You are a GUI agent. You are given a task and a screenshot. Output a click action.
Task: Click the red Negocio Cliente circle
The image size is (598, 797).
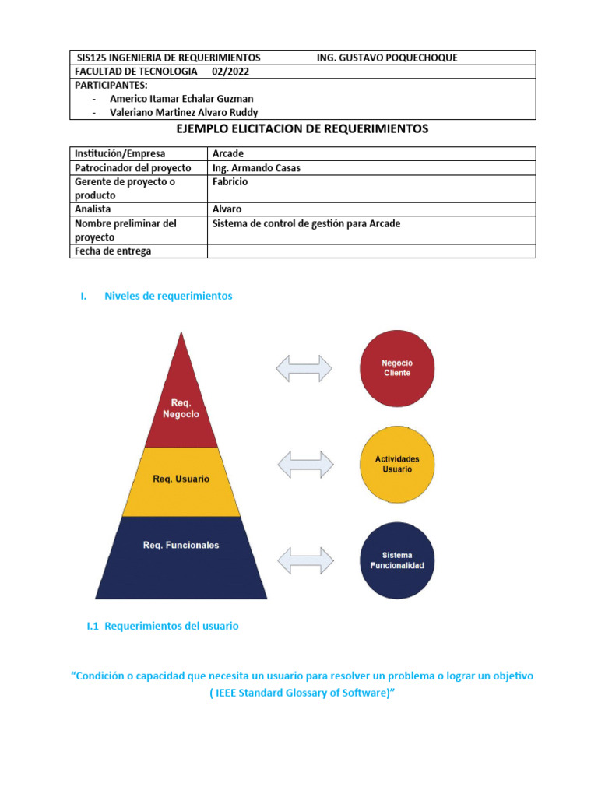[x=397, y=368]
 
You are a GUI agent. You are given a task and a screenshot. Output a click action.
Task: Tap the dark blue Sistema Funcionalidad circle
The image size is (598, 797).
[x=397, y=560]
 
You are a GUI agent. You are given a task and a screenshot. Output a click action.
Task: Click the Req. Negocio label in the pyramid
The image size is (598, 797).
[x=181, y=409]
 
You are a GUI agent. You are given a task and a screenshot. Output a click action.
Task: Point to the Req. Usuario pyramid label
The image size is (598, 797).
[x=181, y=479]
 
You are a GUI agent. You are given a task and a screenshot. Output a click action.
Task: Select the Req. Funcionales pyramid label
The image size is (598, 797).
[x=181, y=545]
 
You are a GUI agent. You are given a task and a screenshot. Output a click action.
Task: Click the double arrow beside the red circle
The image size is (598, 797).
[x=304, y=368]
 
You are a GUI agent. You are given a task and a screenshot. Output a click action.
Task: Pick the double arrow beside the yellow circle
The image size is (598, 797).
[x=304, y=464]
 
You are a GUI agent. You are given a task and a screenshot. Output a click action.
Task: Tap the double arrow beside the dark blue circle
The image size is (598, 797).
[x=304, y=560]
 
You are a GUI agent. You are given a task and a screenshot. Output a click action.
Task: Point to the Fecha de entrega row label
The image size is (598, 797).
[x=113, y=251]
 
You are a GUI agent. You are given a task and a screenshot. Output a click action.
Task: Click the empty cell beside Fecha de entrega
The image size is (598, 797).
[x=371, y=251]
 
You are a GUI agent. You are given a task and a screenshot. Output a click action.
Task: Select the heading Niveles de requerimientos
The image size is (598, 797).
[x=167, y=296]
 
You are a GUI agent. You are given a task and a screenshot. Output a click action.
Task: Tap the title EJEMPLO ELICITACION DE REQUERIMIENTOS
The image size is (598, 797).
[x=303, y=129]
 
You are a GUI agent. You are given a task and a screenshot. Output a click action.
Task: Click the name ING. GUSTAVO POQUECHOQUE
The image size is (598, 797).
[x=387, y=58]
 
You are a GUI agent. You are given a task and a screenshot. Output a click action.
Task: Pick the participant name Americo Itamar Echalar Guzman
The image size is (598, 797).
[x=181, y=99]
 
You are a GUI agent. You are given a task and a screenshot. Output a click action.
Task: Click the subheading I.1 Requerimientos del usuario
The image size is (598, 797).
[x=163, y=626]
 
